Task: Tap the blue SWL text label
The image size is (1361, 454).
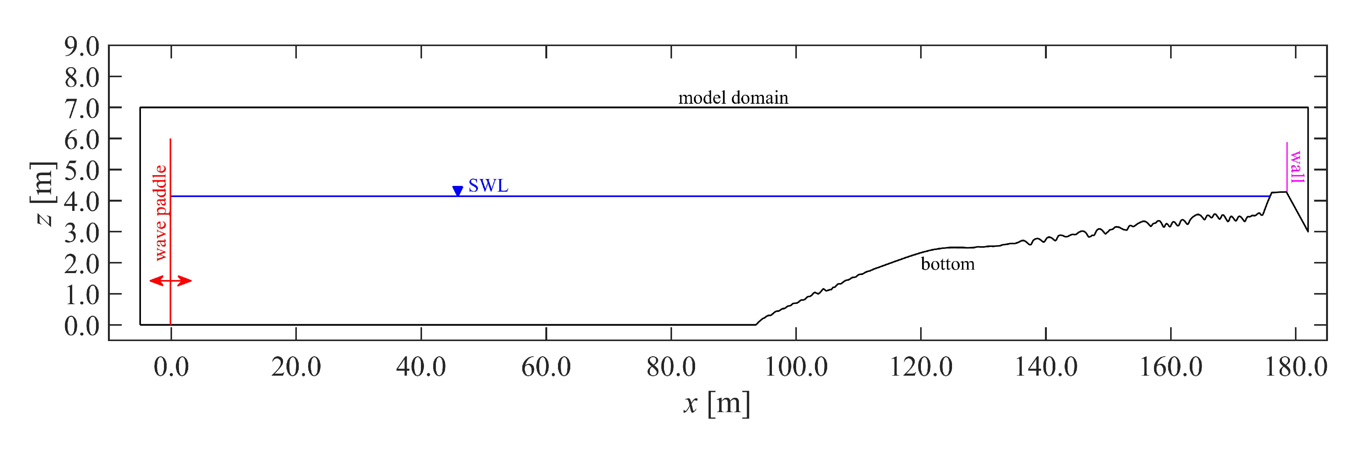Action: [x=488, y=186]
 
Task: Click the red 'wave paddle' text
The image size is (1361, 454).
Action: [x=160, y=213]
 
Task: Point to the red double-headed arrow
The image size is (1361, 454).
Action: [x=170, y=281]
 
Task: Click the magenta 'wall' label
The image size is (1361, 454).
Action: [x=1297, y=167]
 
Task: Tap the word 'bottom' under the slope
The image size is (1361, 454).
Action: [x=947, y=264]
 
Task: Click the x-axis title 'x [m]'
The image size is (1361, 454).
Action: [x=717, y=404]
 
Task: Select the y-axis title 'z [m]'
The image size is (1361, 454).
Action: [x=44, y=194]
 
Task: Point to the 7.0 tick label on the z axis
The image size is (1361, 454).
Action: [x=82, y=109]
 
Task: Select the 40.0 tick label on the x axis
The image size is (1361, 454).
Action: [x=421, y=367]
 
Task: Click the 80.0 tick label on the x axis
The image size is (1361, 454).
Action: [x=671, y=367]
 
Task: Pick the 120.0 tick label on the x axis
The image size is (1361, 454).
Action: [x=921, y=367]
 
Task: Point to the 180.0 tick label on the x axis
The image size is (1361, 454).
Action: [x=1295, y=367]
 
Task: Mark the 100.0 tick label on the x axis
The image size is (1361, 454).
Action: [x=796, y=367]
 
